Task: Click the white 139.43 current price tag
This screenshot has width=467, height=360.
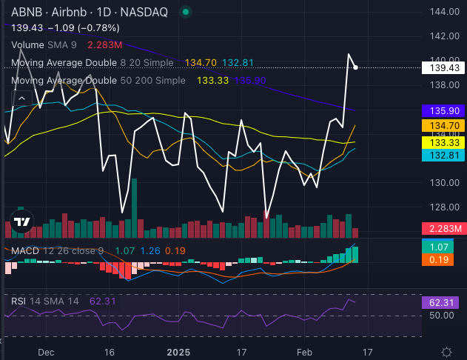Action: click(440, 67)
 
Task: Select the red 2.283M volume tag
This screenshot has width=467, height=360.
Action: click(442, 229)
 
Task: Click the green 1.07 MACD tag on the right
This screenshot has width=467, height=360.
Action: click(440, 246)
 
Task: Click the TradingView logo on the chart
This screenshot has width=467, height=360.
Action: click(21, 222)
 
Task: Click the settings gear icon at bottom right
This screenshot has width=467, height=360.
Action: click(447, 351)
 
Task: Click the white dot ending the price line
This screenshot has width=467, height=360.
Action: click(357, 67)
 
